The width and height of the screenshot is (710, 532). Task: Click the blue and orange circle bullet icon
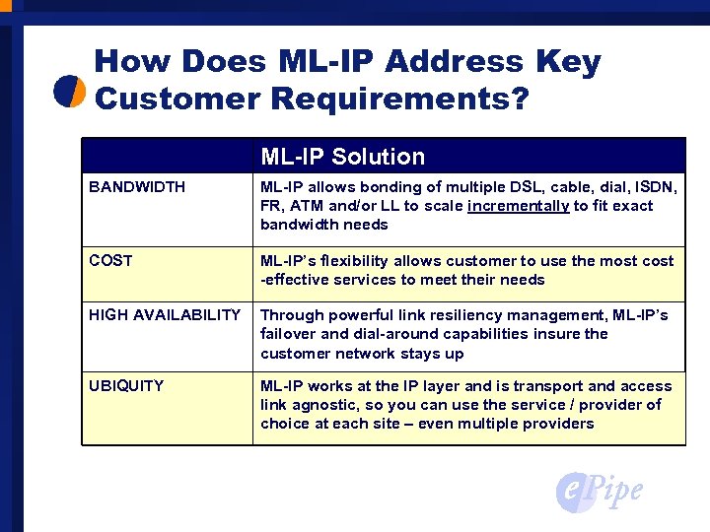(70, 91)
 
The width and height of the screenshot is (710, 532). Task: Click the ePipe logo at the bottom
(599, 490)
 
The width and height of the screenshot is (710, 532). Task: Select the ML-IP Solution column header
(342, 157)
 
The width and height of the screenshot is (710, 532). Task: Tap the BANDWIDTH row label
(137, 187)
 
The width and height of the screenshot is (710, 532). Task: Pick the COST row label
(110, 261)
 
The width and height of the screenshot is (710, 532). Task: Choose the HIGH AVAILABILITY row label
(165, 315)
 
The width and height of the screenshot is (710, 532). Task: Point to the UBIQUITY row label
(126, 386)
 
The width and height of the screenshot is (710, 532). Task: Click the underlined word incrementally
(519, 206)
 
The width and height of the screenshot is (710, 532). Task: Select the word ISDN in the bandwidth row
(654, 187)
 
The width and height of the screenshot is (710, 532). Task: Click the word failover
(286, 334)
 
